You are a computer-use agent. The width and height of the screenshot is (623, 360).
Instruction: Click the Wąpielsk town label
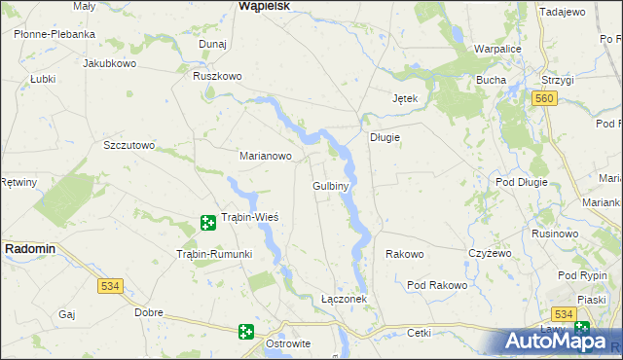click(263, 6)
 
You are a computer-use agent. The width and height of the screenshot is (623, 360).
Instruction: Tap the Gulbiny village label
click(331, 185)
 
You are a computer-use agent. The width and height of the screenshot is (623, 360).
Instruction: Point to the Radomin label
click(30, 249)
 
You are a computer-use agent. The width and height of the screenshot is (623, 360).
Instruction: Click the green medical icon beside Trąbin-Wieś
click(207, 224)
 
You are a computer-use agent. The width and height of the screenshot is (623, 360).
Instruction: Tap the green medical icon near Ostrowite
click(246, 332)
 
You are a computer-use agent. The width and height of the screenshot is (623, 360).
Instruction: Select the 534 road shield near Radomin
click(109, 286)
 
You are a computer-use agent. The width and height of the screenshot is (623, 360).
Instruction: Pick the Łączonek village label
click(344, 299)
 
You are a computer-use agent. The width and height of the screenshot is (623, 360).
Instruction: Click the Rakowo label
click(405, 254)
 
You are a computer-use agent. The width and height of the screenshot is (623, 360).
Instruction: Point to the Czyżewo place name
click(490, 253)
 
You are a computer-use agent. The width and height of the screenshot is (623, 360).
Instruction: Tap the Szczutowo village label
click(129, 145)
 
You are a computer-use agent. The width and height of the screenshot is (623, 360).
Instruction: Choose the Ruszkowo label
click(216, 76)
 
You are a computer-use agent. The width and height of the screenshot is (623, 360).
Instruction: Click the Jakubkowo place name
click(109, 63)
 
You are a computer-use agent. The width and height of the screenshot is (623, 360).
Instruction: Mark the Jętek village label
click(404, 99)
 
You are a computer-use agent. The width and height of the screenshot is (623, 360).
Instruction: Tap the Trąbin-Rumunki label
click(213, 254)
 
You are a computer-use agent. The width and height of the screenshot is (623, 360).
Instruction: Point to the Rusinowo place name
click(556, 234)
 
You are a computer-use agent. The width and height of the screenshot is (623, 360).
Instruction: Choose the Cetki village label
click(420, 332)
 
